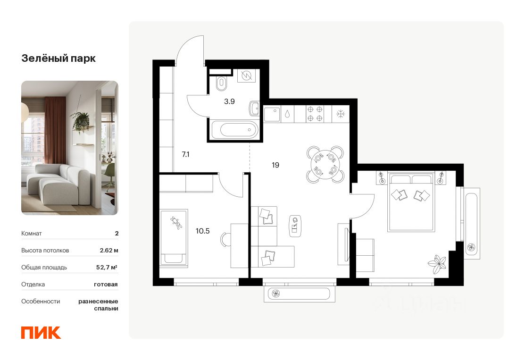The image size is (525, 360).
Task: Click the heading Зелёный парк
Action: [58, 59]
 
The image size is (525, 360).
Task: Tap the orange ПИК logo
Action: [41, 332]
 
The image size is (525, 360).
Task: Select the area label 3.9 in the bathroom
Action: [230, 101]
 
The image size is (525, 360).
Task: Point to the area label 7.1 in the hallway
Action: [185, 154]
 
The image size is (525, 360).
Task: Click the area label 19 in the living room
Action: [275, 165]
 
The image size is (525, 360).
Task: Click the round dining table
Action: [325, 163]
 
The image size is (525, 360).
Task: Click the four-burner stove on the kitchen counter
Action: [315, 114]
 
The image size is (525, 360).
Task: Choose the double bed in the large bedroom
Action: [410, 202]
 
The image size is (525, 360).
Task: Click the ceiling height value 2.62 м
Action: [109, 250]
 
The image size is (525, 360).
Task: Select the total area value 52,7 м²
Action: [107, 267]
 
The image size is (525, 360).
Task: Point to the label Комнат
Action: [32, 233]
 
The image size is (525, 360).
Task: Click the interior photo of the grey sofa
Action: [69, 148]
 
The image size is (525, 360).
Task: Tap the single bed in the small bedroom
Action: [174, 236]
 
